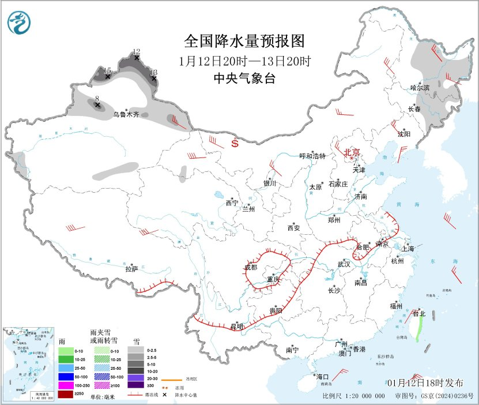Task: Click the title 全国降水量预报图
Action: coord(244,42)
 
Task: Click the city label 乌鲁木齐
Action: coord(126,115)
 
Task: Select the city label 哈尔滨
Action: coord(420,88)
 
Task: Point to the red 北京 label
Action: coord(352,152)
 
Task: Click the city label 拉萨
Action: coord(131,268)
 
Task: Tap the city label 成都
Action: coord(251,267)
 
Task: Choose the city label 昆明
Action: coord(237,327)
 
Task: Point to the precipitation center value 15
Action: coord(107,70)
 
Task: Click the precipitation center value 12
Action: coord(137,51)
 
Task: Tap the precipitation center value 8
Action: coord(97,99)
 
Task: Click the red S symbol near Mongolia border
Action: coord(235,144)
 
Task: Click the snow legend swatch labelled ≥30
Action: coord(136,385)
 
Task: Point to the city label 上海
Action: coord(409,249)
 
